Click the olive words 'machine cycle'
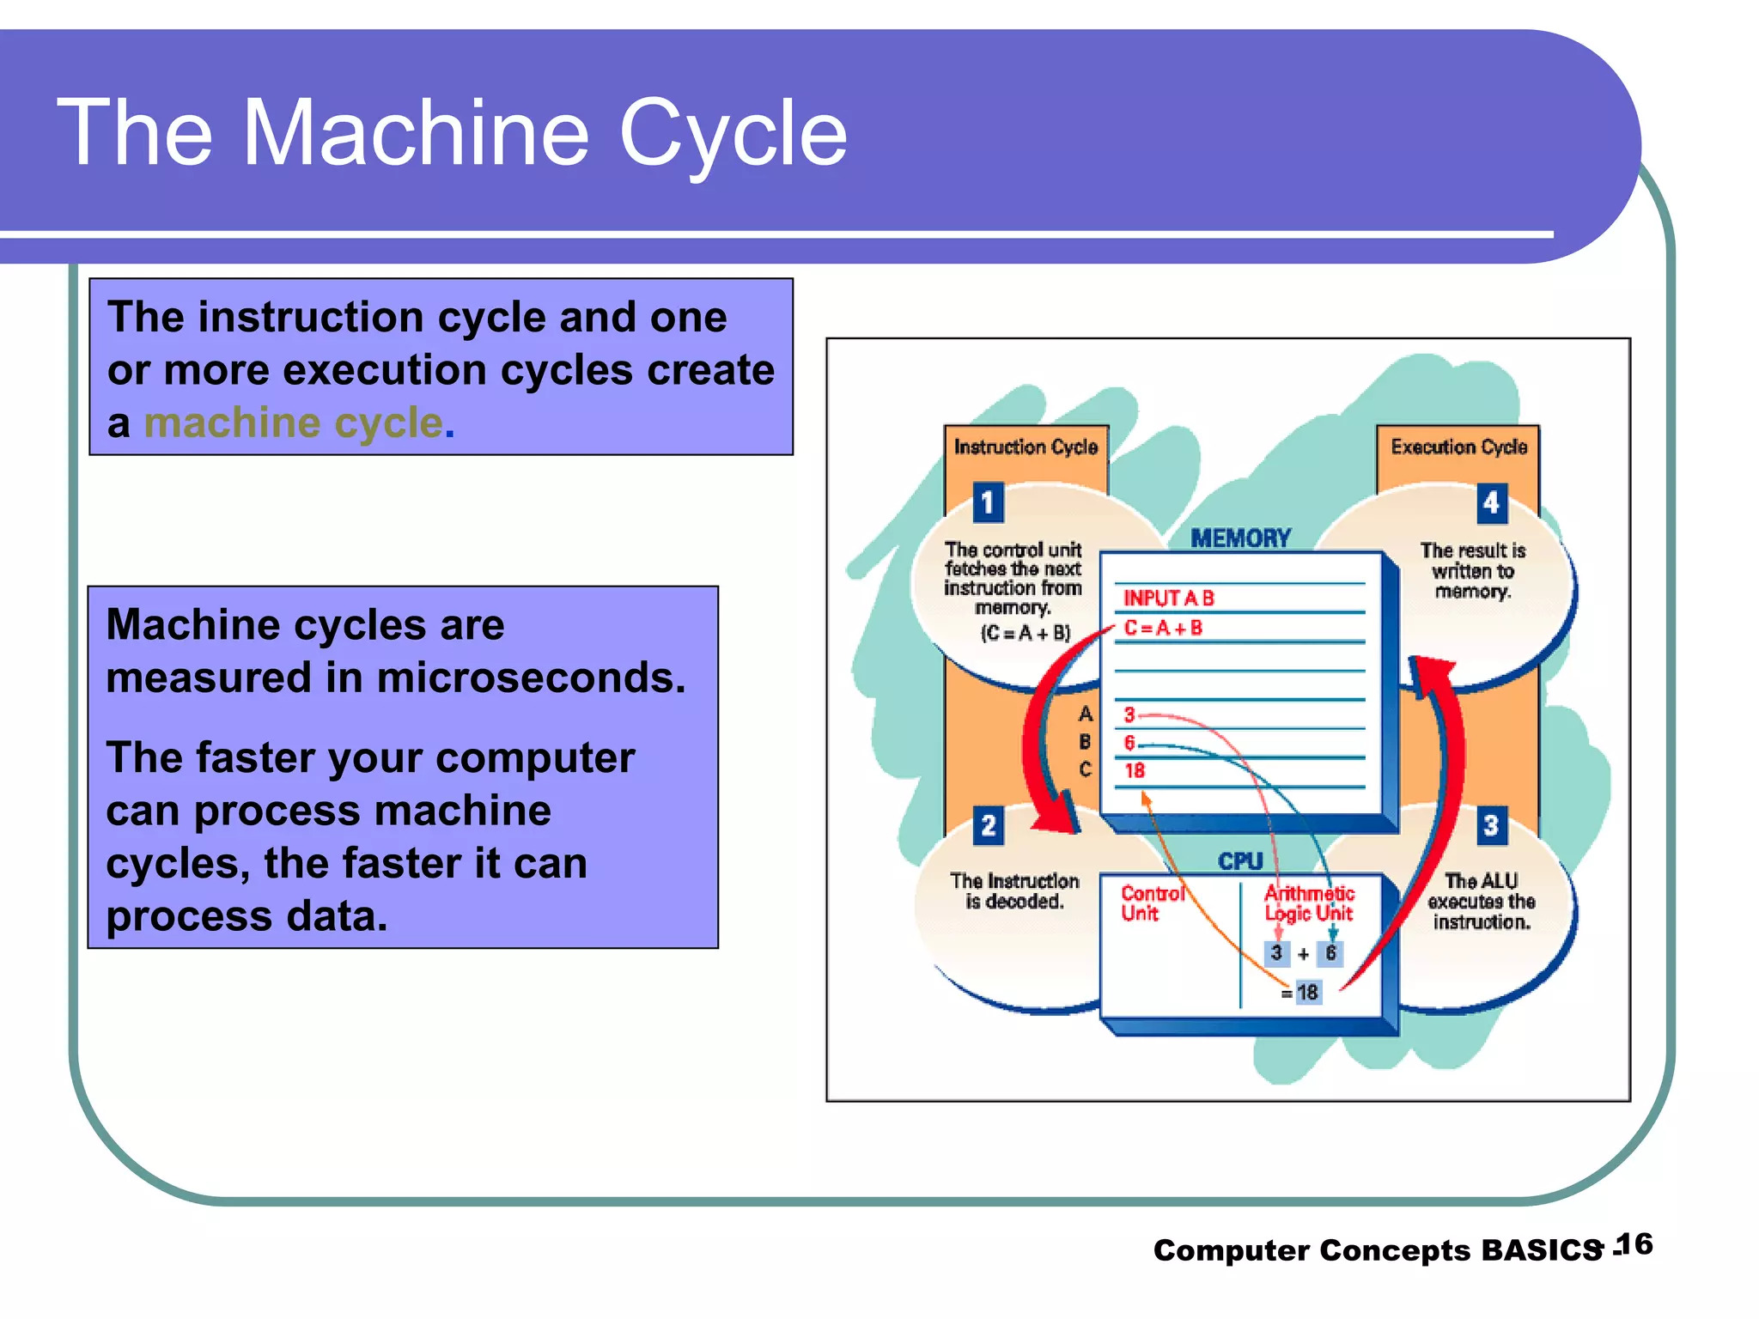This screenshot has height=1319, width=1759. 293,423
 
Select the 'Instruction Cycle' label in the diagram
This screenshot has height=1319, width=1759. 1026,447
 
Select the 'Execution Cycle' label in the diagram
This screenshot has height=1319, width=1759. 1458,447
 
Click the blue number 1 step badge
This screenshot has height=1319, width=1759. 988,502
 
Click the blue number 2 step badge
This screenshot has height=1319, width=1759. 988,826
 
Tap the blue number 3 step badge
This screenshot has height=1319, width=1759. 1491,826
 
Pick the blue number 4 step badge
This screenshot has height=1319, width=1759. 1491,502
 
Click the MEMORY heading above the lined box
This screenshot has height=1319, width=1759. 1240,538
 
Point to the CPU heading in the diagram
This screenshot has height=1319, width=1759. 1240,861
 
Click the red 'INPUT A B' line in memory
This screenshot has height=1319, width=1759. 1168,598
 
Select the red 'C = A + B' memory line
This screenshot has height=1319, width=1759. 1163,629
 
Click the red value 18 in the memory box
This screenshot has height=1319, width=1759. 1135,771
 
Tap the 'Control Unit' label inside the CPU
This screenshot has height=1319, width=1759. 1151,903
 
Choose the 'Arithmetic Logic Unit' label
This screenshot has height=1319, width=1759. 1309,903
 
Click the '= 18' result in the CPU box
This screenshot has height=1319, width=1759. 1302,993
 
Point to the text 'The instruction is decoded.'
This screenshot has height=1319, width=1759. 1014,891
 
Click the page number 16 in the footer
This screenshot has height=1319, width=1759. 1634,1244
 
